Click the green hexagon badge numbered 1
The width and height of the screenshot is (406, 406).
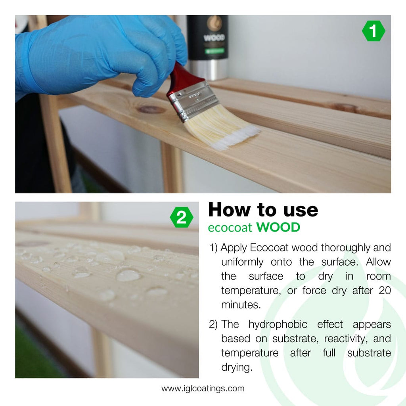pos(373,31)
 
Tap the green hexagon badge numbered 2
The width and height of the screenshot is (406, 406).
pos(181,218)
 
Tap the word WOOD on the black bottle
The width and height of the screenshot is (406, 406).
pos(214,38)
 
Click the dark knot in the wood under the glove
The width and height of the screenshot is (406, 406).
pos(151,109)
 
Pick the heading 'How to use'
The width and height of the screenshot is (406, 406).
pos(263,210)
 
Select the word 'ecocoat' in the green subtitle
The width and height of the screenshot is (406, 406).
pos(230,228)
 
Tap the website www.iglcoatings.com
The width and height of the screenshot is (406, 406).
pos(203,389)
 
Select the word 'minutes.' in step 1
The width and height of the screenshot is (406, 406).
pos(239,304)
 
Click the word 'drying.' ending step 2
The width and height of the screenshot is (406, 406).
pos(237,367)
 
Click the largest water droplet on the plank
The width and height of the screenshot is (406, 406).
pos(128,275)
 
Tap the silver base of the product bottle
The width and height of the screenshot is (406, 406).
pos(208,69)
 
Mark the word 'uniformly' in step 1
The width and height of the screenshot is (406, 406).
pos(242,262)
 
